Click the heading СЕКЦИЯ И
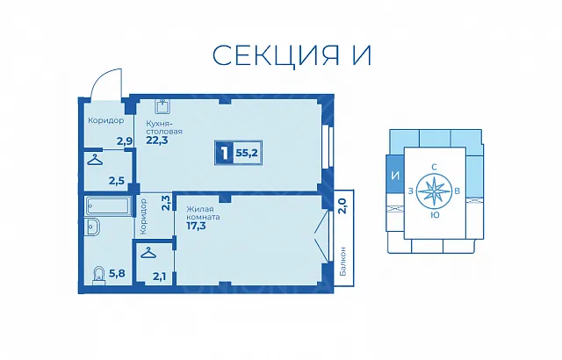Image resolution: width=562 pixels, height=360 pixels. click(x=292, y=55)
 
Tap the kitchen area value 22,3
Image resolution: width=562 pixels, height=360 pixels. click(x=156, y=140)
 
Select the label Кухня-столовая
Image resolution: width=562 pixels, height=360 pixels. click(x=164, y=127)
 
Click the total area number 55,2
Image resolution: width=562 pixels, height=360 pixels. click(x=247, y=154)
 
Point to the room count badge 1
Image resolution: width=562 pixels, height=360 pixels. click(x=225, y=154)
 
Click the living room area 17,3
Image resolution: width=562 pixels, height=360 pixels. click(x=196, y=226)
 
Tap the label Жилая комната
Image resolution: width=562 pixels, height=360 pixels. click(x=203, y=213)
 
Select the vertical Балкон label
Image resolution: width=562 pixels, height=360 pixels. click(x=343, y=261)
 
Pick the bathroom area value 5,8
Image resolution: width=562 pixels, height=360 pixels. click(x=117, y=274)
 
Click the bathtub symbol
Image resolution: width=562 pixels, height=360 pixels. click(x=107, y=206)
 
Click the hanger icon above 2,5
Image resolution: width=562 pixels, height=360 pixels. click(x=95, y=160)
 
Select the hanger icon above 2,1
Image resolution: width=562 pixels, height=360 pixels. click(x=148, y=253)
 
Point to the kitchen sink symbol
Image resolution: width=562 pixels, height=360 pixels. click(x=162, y=106)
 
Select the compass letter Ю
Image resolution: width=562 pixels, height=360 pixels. click(x=435, y=215)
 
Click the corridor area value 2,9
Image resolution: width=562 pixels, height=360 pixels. click(x=125, y=141)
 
